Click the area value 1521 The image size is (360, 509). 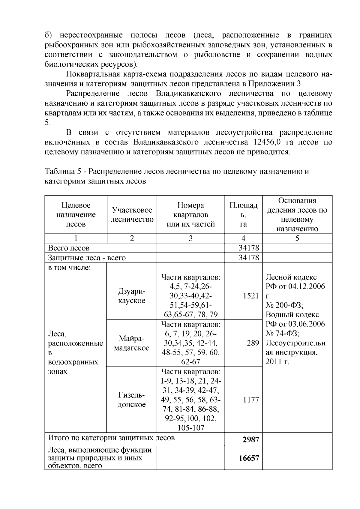coord(251,296)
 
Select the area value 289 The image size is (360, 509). coord(253,343)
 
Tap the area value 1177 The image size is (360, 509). coord(251,400)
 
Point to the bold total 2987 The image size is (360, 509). coord(251,439)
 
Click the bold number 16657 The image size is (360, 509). coord(249,458)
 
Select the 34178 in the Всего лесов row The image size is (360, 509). coord(249,248)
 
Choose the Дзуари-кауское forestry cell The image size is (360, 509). coord(131,296)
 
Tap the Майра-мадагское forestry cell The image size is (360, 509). coord(131,343)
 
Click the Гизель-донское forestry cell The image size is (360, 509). coord(131,400)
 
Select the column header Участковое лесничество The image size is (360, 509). coord(132,214)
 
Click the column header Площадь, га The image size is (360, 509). coord(243,214)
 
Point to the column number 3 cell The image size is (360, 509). coord(190,238)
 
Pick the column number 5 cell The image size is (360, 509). coord(297,238)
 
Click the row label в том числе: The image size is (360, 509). coord(69,267)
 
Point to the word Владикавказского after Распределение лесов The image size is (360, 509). coord(188,93)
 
